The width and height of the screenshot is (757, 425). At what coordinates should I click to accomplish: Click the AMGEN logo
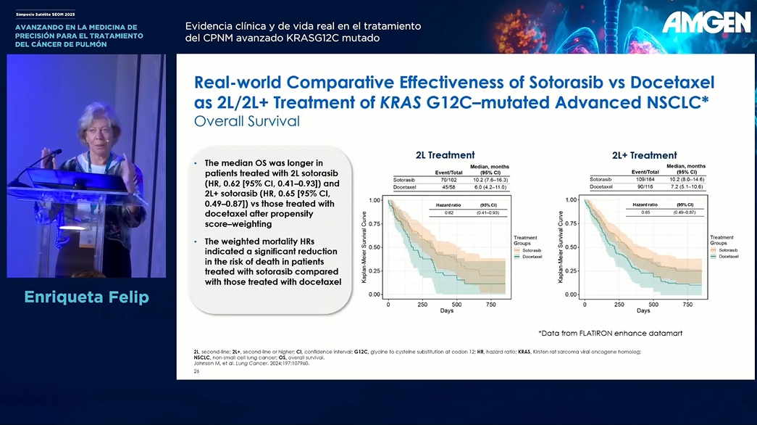706,22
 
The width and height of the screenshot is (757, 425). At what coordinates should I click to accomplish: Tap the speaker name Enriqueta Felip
86,297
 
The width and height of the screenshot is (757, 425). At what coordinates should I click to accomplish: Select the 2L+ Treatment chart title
644,155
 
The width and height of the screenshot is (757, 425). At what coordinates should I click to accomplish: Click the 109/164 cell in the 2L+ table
644,178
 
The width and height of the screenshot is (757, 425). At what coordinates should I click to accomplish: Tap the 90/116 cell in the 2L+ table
644,186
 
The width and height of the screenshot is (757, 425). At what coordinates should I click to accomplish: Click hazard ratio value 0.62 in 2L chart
449,212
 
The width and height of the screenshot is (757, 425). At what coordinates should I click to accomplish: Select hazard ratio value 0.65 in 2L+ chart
645,212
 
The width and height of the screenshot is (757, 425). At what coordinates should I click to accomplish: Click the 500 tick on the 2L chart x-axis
457,305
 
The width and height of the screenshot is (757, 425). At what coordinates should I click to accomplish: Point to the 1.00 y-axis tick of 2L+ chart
571,199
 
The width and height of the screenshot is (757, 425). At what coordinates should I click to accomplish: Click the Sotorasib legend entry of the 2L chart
532,249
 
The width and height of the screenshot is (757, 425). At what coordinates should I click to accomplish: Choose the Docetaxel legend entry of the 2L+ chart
728,257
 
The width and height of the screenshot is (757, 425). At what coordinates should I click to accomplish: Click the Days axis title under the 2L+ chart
643,311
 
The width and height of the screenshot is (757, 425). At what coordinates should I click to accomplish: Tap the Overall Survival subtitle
247,121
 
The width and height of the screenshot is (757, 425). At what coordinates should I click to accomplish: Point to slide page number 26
196,371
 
